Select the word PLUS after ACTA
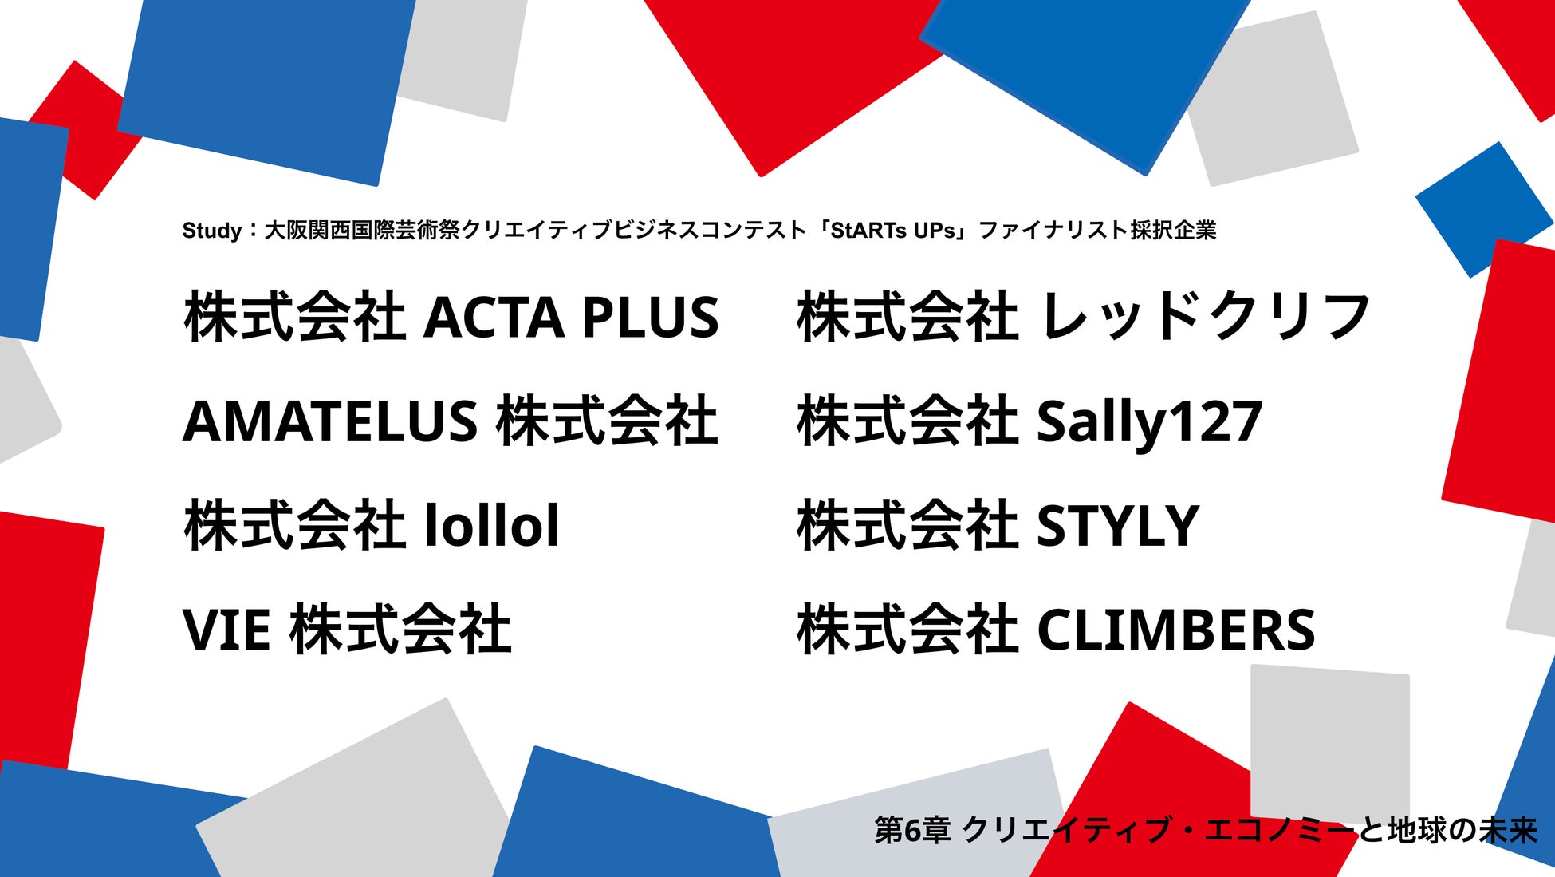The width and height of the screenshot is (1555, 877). point(651,318)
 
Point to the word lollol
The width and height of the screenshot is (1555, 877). point(492,525)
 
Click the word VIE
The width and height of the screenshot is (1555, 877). point(226,630)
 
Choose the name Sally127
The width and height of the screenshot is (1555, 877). point(1149,423)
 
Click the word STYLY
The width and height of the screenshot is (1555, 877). point(1118,526)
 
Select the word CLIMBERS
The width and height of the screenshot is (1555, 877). point(1175,630)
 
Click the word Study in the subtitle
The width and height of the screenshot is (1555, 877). point(212,231)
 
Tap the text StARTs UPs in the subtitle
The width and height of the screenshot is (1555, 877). point(893,231)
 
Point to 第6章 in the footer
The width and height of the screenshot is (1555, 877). point(912,831)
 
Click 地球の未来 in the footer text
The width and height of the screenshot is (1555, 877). point(1462,831)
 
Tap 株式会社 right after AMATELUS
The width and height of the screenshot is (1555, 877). point(607,421)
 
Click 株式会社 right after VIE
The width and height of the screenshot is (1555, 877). point(400,630)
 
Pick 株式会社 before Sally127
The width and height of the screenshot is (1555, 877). point(907,421)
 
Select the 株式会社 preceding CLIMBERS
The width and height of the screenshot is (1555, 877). point(907,630)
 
